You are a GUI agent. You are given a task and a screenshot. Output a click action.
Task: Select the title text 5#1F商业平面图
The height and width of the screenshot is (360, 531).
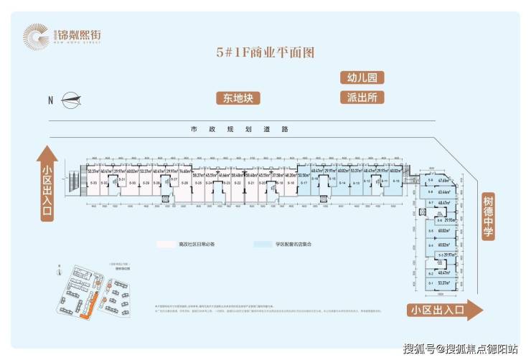tap(265, 52)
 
